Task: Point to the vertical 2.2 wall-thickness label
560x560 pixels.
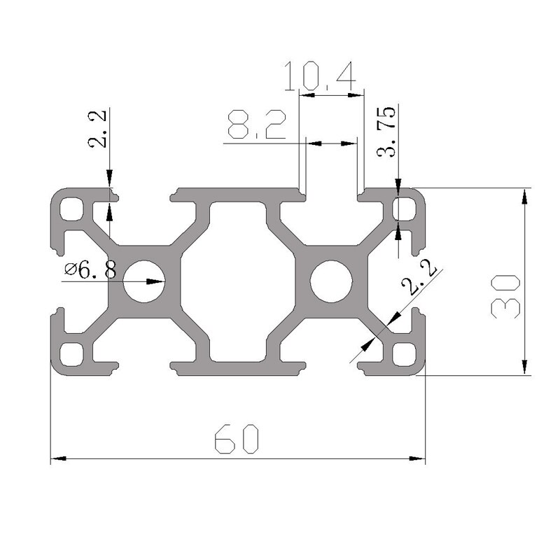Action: tap(98, 129)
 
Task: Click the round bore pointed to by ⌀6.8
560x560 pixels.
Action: tap(144, 281)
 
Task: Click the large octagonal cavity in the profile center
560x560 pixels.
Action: tap(237, 281)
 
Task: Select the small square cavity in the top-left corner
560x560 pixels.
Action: tap(71, 209)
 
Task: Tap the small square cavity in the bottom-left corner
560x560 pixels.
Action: tap(71, 353)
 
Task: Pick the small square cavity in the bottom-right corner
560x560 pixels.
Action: tap(404, 353)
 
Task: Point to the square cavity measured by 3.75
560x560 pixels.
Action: tap(404, 209)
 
